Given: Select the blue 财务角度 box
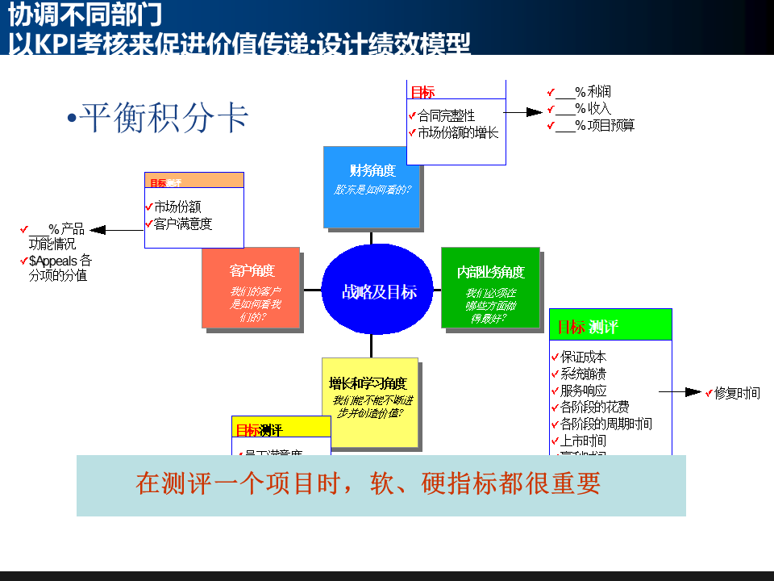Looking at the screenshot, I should tap(372, 186).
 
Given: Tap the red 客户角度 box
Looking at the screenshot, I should tap(251, 287).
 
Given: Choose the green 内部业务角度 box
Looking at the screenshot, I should tap(490, 287).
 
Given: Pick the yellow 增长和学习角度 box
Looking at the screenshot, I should tap(369, 402).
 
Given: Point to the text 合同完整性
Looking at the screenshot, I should tap(447, 116).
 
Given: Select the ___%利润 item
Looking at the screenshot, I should tap(585, 92).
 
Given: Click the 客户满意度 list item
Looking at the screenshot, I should tap(183, 224).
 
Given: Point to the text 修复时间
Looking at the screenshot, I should tap(737, 393).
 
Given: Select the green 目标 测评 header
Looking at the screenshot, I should tap(610, 327).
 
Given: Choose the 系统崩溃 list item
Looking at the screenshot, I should tap(583, 374).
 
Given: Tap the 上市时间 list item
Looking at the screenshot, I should tap(583, 441).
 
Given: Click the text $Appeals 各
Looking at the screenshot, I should tap(60, 261).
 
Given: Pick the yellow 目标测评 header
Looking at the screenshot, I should tap(281, 429).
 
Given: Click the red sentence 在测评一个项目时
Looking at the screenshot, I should tap(368, 484).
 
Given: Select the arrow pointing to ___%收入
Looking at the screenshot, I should tap(524, 112).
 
